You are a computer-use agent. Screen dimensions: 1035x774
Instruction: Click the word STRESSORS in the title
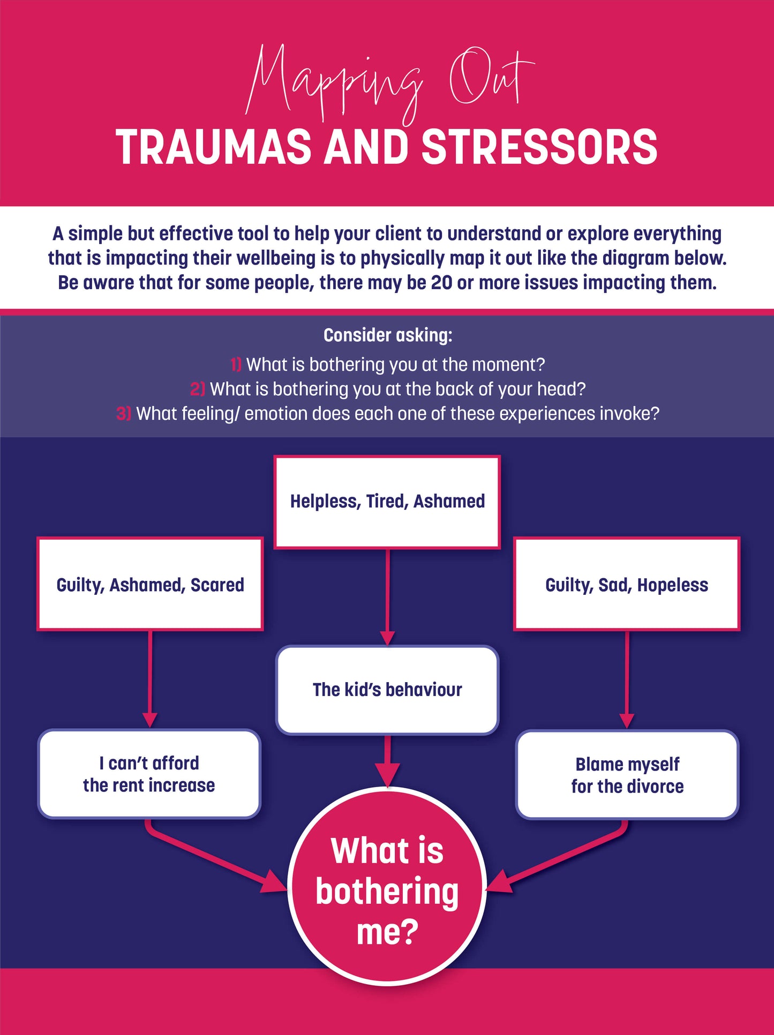click(x=539, y=147)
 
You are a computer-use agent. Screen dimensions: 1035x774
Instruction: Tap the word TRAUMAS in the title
click(x=213, y=147)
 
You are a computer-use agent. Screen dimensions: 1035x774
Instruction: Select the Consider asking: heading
click(x=388, y=335)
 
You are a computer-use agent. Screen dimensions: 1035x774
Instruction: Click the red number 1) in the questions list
click(x=236, y=365)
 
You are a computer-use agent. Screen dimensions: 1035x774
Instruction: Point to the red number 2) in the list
click(x=197, y=389)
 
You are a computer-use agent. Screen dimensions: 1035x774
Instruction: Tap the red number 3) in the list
click(x=123, y=414)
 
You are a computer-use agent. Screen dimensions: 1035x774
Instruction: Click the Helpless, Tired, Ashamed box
click(x=387, y=502)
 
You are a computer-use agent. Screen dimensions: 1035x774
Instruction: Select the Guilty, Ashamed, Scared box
click(x=150, y=584)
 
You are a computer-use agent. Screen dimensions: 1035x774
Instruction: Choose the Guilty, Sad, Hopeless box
click(x=627, y=584)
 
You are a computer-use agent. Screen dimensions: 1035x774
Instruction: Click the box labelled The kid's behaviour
click(x=387, y=690)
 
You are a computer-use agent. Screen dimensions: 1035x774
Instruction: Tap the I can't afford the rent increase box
click(x=149, y=774)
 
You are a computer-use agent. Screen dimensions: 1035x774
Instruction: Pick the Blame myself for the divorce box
click(x=627, y=775)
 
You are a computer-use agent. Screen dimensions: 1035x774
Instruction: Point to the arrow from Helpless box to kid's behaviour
click(x=387, y=597)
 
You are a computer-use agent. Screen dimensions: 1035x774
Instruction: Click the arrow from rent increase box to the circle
click(x=214, y=857)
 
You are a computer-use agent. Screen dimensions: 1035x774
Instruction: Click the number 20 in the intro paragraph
click(x=441, y=283)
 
